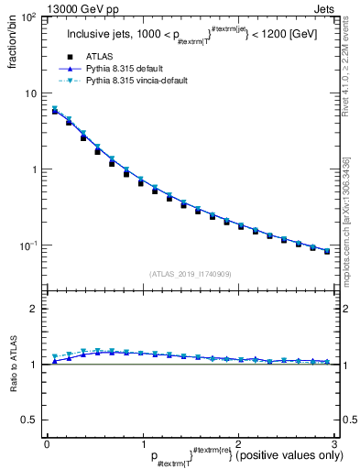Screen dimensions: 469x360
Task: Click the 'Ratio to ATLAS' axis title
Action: (14, 368)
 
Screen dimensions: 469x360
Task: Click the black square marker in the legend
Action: (68, 56)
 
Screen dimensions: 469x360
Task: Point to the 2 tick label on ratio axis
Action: (34, 309)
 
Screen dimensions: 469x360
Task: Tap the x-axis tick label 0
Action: (47, 444)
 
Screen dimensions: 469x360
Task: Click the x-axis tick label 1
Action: (142, 444)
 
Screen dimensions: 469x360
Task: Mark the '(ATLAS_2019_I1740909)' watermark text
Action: (190, 273)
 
